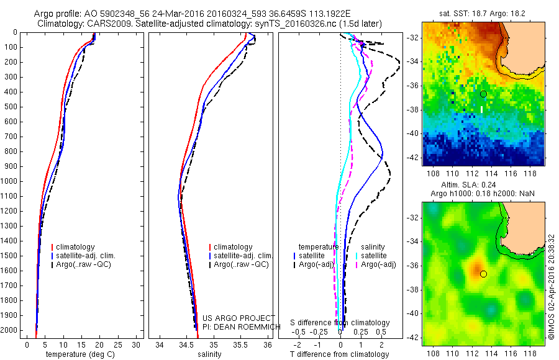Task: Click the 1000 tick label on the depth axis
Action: coord(10,181)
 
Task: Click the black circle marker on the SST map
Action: coord(483,94)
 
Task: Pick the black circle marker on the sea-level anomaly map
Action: coord(483,274)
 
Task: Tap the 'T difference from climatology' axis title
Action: coord(339,354)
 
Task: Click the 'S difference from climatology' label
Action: coord(340,323)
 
